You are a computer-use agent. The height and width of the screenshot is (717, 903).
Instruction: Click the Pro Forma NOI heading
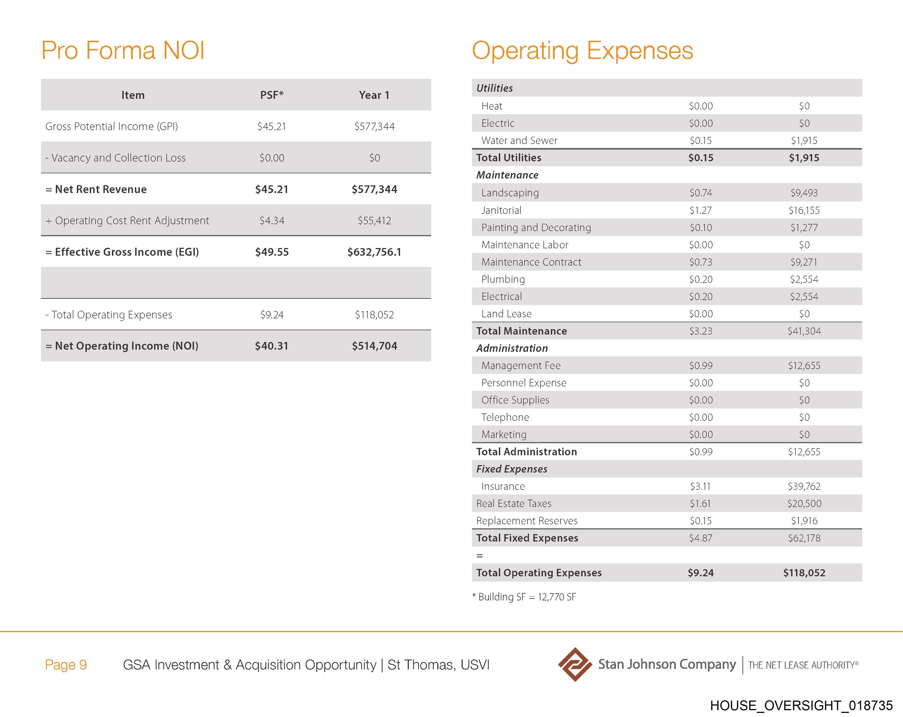tap(123, 51)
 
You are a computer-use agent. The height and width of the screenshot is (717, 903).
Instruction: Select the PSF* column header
tap(272, 95)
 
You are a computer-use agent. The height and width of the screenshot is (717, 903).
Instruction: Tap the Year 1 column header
tap(374, 95)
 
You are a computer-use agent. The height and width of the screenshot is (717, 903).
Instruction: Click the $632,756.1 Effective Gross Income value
tap(374, 252)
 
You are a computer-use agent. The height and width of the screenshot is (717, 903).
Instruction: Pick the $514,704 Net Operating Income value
tap(374, 346)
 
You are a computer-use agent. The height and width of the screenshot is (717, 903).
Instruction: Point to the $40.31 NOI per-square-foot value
tap(272, 346)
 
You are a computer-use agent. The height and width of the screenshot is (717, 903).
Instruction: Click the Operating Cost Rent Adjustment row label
tap(127, 220)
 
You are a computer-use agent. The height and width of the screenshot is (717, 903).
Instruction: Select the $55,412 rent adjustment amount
tap(374, 220)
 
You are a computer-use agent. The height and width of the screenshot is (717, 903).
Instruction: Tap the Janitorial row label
tap(501, 210)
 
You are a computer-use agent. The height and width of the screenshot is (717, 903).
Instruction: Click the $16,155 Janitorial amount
tap(804, 210)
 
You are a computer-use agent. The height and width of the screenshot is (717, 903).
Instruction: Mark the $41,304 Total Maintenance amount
tap(804, 331)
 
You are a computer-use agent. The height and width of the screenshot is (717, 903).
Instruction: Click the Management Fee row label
tap(521, 365)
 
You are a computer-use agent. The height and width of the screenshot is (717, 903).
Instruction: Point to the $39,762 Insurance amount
tap(804, 486)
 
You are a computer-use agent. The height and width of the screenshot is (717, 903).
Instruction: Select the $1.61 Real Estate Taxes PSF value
tap(700, 503)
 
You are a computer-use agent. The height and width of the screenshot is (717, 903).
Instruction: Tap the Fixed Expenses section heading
tap(511, 469)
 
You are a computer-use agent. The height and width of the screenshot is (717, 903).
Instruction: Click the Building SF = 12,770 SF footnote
tap(524, 597)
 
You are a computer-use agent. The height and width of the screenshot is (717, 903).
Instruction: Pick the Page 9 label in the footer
tap(66, 665)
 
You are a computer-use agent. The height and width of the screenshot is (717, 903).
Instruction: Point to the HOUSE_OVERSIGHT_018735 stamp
tap(801, 705)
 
